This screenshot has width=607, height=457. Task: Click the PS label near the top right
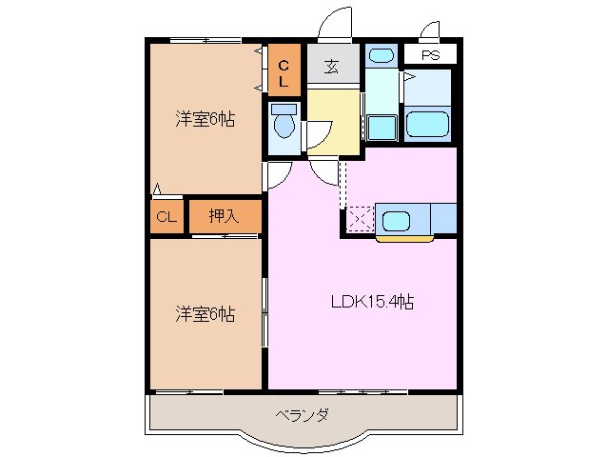431,56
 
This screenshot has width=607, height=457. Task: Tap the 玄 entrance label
332,67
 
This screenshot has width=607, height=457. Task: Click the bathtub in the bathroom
428,125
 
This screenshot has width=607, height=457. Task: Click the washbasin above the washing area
380,54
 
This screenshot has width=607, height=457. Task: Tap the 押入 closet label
225,216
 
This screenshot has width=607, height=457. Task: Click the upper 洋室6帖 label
205,120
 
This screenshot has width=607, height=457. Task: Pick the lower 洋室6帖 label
205,313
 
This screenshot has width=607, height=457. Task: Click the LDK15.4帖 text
371,303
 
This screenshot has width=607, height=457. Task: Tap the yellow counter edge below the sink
404,238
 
